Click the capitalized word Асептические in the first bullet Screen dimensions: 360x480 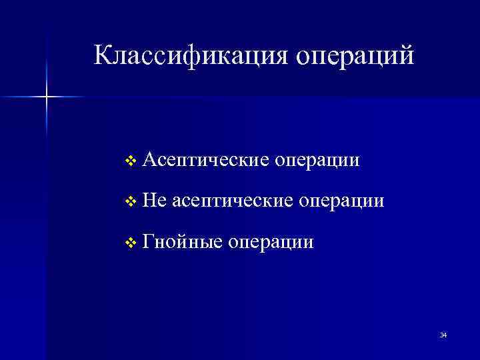pyautogui.click(x=206, y=161)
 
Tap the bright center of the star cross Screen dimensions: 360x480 pyautogui.click(x=47, y=97)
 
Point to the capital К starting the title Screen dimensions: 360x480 pyautogui.click(x=103, y=55)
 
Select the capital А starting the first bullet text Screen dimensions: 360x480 pyautogui.click(x=149, y=160)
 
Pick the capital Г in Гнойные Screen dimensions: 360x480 pyautogui.click(x=148, y=240)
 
